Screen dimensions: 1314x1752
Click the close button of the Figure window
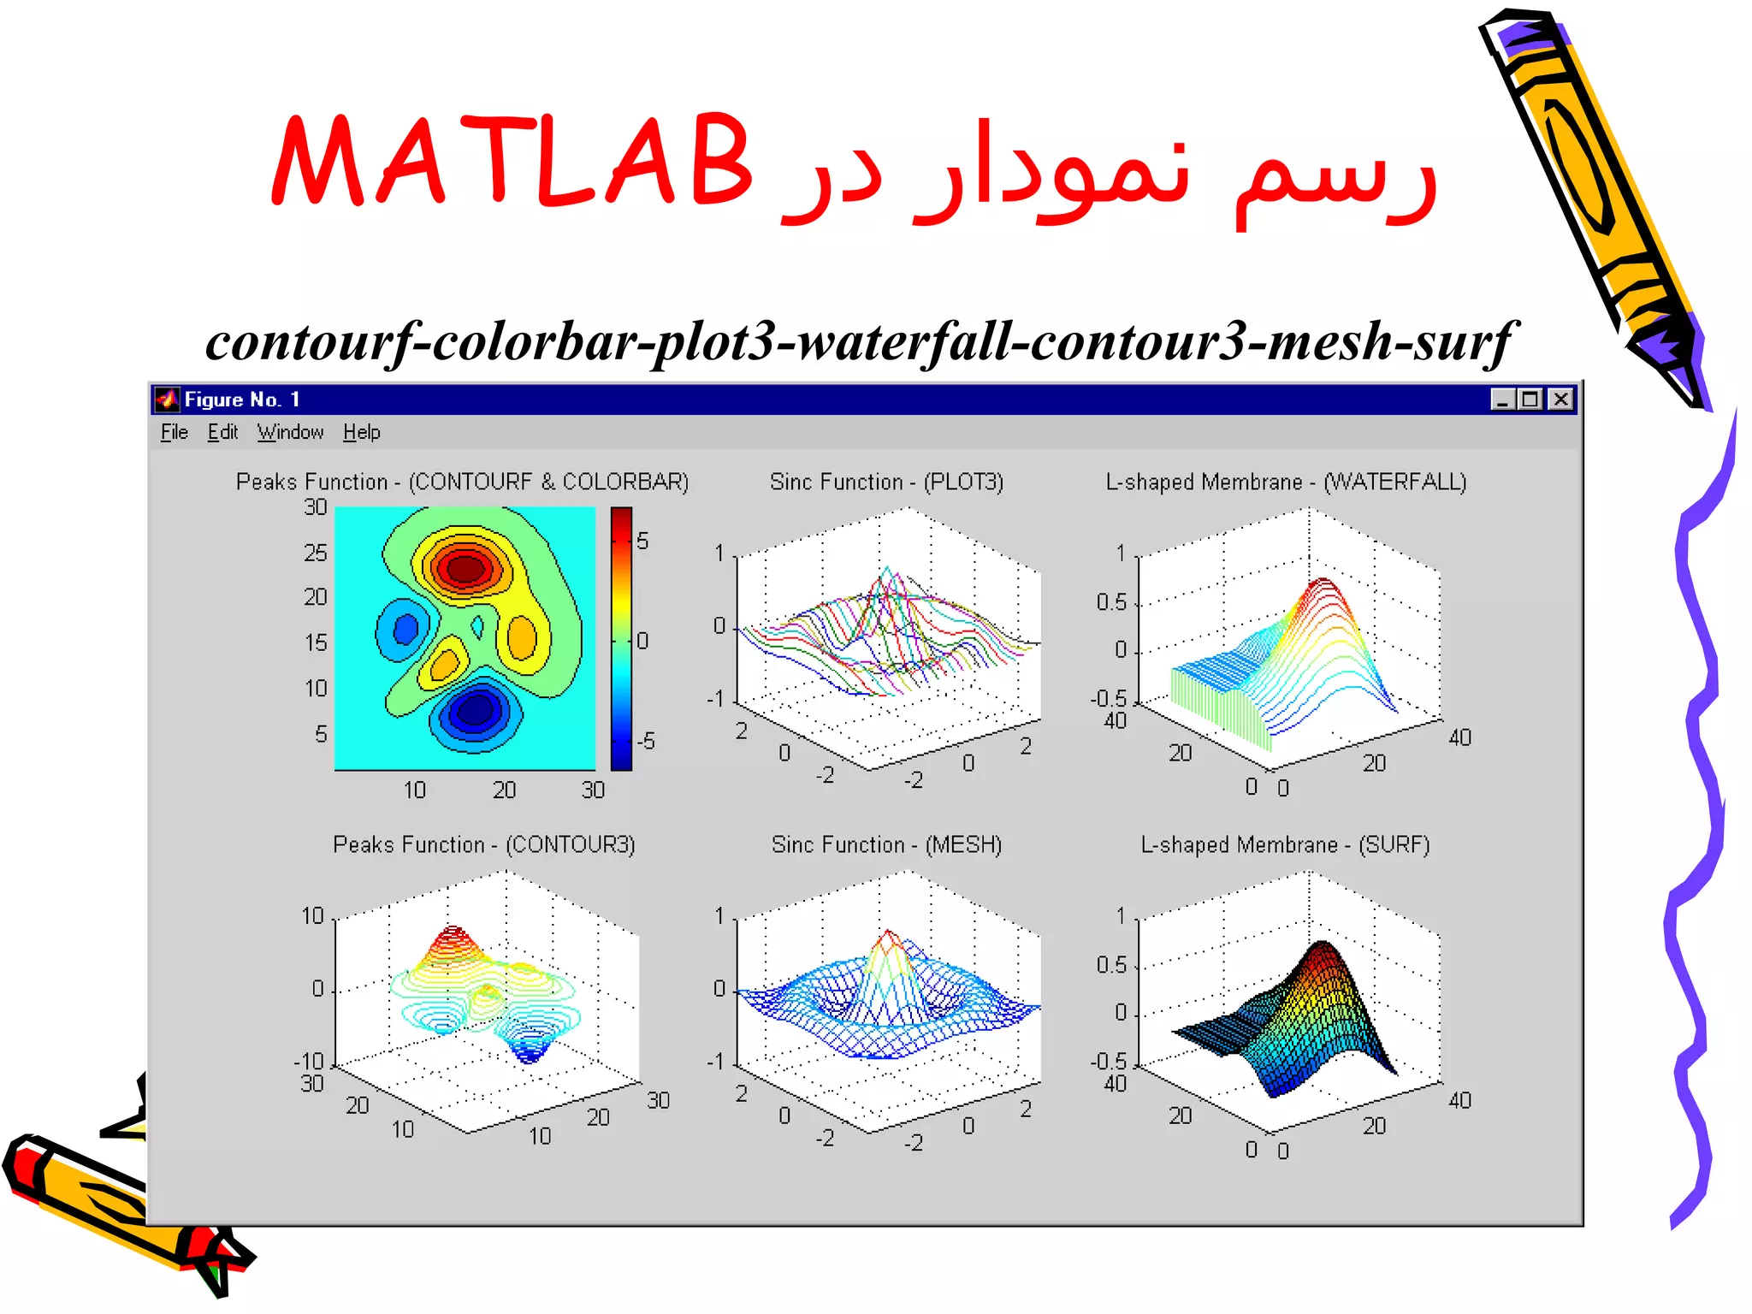[1560, 400]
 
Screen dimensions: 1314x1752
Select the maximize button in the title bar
[1531, 400]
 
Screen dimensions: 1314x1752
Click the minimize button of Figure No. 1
[1502, 400]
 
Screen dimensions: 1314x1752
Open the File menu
[174, 432]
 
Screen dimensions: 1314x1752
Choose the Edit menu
[222, 432]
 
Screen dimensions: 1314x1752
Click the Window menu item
[290, 432]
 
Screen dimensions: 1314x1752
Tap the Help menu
[361, 432]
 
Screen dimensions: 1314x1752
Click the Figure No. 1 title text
[241, 400]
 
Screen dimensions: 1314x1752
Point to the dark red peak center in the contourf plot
[465, 569]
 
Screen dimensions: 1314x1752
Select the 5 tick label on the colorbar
[642, 541]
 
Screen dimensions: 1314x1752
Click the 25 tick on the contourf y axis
[316, 553]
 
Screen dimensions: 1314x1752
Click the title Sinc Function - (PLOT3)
[886, 482]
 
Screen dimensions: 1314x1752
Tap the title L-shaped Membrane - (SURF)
[1285, 844]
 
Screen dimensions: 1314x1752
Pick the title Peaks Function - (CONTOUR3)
[483, 844]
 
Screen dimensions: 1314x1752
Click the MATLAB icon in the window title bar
[167, 400]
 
